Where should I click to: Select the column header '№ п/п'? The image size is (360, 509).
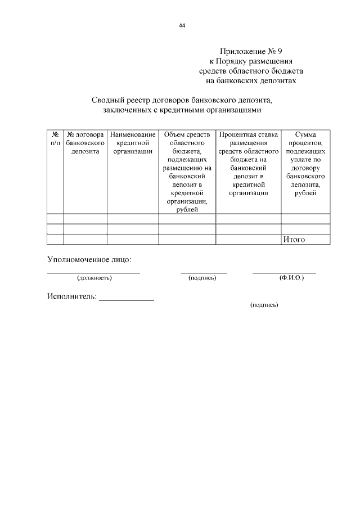coord(55,139)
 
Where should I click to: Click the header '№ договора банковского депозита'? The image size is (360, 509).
coord(85,143)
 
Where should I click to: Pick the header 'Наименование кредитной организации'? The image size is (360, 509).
coord(133,143)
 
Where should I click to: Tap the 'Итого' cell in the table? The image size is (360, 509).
coord(294,240)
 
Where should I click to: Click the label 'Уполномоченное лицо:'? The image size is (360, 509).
coord(89,260)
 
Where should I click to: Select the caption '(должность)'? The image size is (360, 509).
coord(94,278)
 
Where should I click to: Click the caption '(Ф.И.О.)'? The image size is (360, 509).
coord(291,278)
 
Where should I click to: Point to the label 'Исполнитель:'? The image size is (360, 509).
coord(71,296)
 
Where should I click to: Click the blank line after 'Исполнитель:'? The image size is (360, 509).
coord(127,300)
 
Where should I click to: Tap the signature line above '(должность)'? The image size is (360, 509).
coord(93,273)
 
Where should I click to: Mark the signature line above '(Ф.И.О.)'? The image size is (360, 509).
coord(284,273)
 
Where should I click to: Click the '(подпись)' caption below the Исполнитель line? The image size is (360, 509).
coord(264,305)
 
